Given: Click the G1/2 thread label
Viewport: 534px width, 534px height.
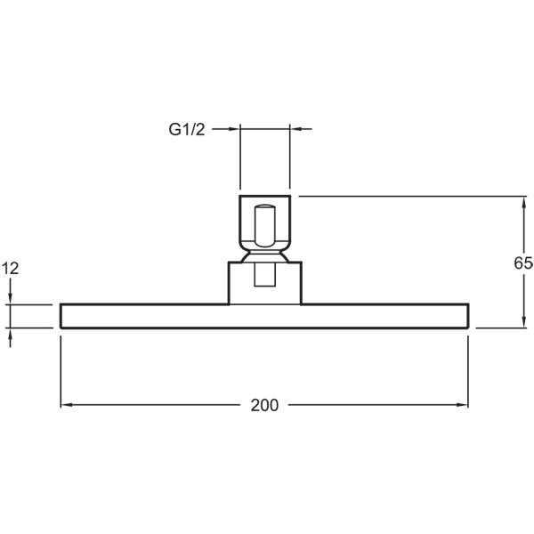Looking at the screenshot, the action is tap(187, 130).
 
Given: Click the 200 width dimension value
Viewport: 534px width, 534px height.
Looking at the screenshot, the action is tap(264, 405).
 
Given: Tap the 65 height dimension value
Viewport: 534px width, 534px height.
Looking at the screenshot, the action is tap(523, 263).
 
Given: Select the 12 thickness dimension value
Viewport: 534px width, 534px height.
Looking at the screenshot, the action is tap(10, 269).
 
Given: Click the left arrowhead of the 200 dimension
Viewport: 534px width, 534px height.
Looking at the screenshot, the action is tap(67, 405).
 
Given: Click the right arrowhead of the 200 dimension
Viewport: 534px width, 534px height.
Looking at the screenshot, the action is tap(463, 405).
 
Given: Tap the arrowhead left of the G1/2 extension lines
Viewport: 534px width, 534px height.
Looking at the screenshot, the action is tap(234, 129).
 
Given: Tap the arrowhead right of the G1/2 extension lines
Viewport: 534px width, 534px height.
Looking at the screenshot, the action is tap(295, 129).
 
